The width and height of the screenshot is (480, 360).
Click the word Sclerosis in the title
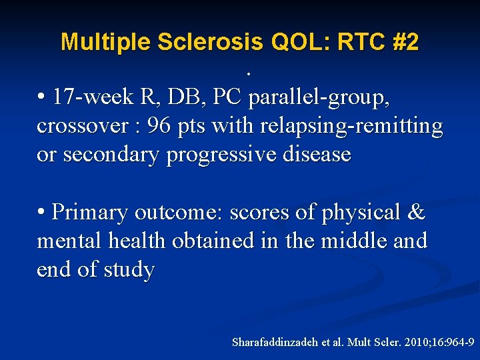(x=212, y=43)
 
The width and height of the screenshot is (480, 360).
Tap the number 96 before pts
(x=159, y=126)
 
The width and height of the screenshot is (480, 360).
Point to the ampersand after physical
(x=415, y=213)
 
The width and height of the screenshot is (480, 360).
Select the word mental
(x=68, y=241)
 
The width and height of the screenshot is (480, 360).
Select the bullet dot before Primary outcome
(x=41, y=212)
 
